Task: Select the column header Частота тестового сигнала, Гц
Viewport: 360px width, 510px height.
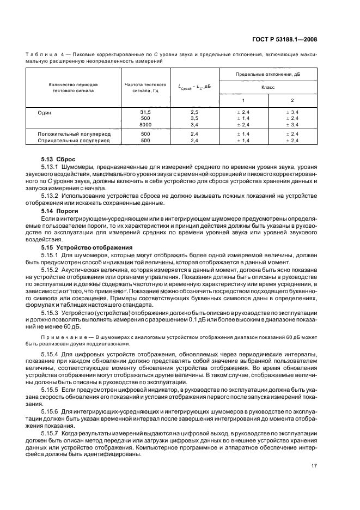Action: click(x=145, y=88)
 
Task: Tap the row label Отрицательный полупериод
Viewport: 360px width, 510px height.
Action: click(x=73, y=141)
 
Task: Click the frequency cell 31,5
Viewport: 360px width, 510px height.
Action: click(x=145, y=111)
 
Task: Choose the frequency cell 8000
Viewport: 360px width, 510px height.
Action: click(x=145, y=125)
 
